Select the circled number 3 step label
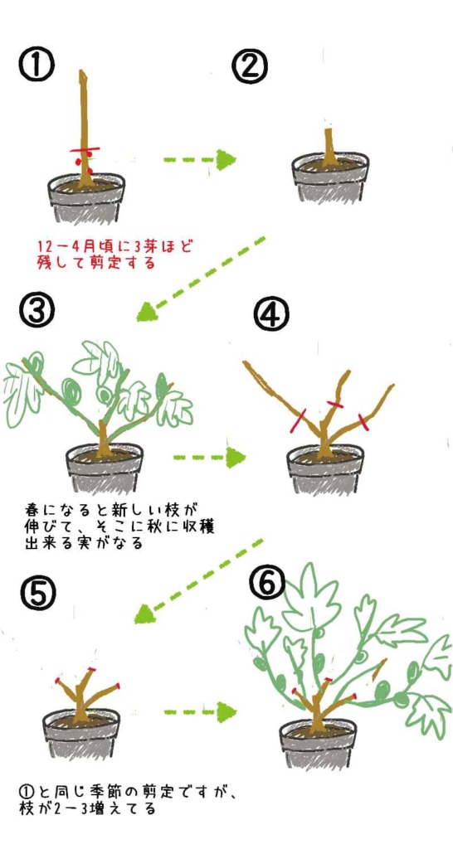click(37, 313)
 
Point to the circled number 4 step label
click(271, 314)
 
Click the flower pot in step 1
click(86, 198)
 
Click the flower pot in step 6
click(318, 744)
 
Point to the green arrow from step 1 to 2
click(199, 160)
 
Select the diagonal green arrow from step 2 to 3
click(202, 279)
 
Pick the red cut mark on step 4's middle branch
click(335, 404)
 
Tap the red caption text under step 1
click(115, 255)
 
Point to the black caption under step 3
click(119, 526)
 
